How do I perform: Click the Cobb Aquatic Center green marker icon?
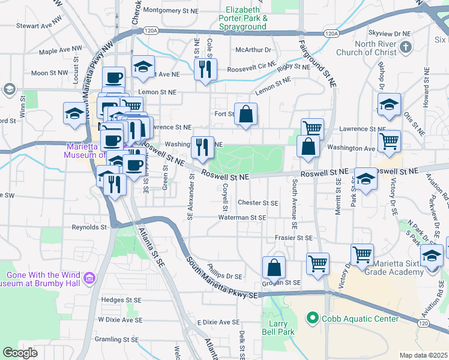click(312, 317)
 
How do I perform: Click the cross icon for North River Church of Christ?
click(406, 46)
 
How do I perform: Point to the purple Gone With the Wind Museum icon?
click(90, 277)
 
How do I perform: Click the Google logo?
click(20, 352)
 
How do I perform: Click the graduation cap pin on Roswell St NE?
click(366, 178)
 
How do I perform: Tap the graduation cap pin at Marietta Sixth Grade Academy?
click(432, 254)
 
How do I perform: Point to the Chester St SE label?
click(258, 203)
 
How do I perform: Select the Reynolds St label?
click(89, 227)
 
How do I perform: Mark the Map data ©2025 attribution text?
click(423, 355)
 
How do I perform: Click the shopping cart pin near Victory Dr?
click(362, 253)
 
